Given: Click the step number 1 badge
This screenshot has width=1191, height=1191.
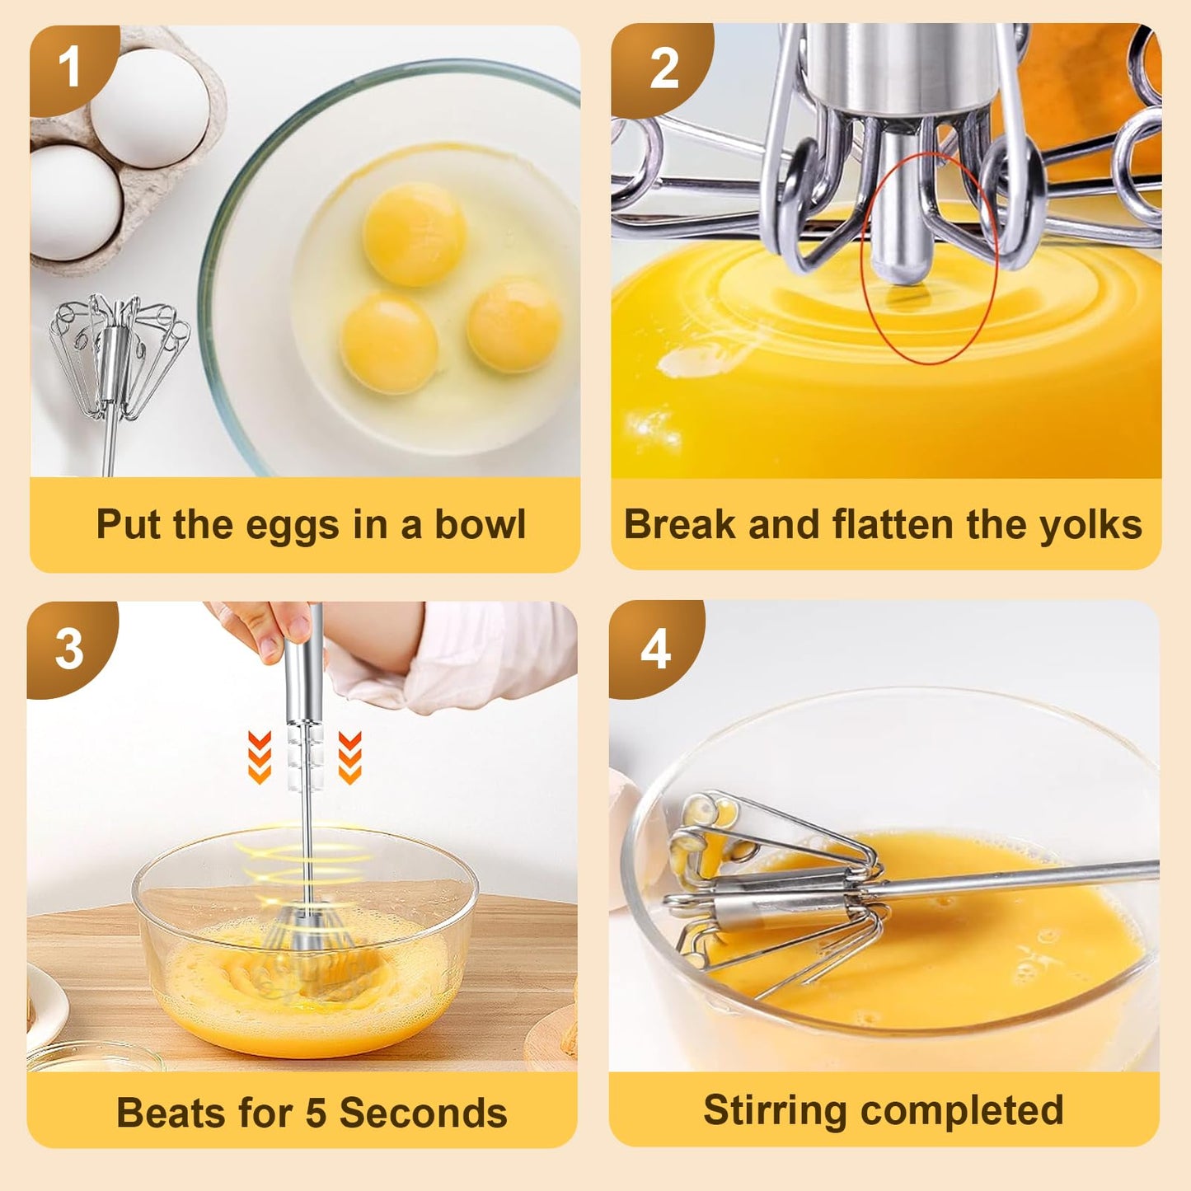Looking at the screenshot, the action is [71, 68].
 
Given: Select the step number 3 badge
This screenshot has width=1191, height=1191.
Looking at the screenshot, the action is [69, 649].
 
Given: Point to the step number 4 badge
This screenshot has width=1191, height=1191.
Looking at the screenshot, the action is [655, 649].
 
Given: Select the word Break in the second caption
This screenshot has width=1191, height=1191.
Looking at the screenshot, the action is [680, 524].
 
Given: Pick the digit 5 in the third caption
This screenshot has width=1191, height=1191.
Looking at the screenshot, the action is [317, 1114].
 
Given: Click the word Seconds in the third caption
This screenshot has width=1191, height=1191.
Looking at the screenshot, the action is [424, 1114].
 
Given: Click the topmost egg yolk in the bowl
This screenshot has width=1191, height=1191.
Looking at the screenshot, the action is [414, 233].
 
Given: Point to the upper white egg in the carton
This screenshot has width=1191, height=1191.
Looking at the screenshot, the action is [150, 107].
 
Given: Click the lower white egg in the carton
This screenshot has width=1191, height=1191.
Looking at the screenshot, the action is [74, 203].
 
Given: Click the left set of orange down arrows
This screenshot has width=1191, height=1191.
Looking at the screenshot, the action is [260, 757].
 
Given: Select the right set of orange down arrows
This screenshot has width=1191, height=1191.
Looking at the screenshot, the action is [349, 757].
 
